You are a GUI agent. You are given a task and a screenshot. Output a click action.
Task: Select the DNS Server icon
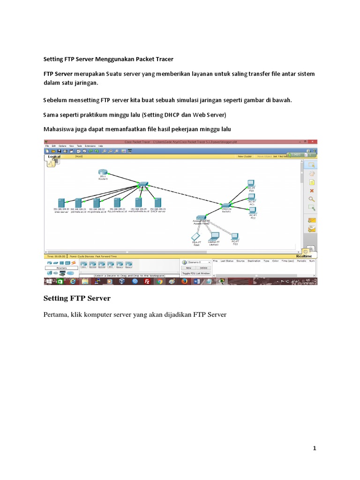61,202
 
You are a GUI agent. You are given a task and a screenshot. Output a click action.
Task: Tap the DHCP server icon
158,202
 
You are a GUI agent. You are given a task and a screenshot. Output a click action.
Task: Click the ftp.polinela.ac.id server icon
116,202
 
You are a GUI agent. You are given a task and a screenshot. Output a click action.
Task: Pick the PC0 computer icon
251,183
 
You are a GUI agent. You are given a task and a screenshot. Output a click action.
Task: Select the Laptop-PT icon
214,236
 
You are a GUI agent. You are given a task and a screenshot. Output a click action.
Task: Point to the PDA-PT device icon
196,237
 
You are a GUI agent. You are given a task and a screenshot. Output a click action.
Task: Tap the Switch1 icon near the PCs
226,205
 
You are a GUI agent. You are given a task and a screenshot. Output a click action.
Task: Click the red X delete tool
311,191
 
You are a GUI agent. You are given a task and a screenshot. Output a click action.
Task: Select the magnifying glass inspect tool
311,199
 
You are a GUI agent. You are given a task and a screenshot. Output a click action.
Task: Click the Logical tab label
54,157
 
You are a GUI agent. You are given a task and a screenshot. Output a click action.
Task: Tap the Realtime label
304,256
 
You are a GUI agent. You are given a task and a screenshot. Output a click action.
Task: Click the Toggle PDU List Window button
196,273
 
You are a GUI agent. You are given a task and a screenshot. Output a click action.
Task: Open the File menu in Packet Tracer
47,146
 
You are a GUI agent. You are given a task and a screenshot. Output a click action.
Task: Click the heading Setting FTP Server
77,298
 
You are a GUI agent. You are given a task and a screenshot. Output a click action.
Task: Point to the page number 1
315,449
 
